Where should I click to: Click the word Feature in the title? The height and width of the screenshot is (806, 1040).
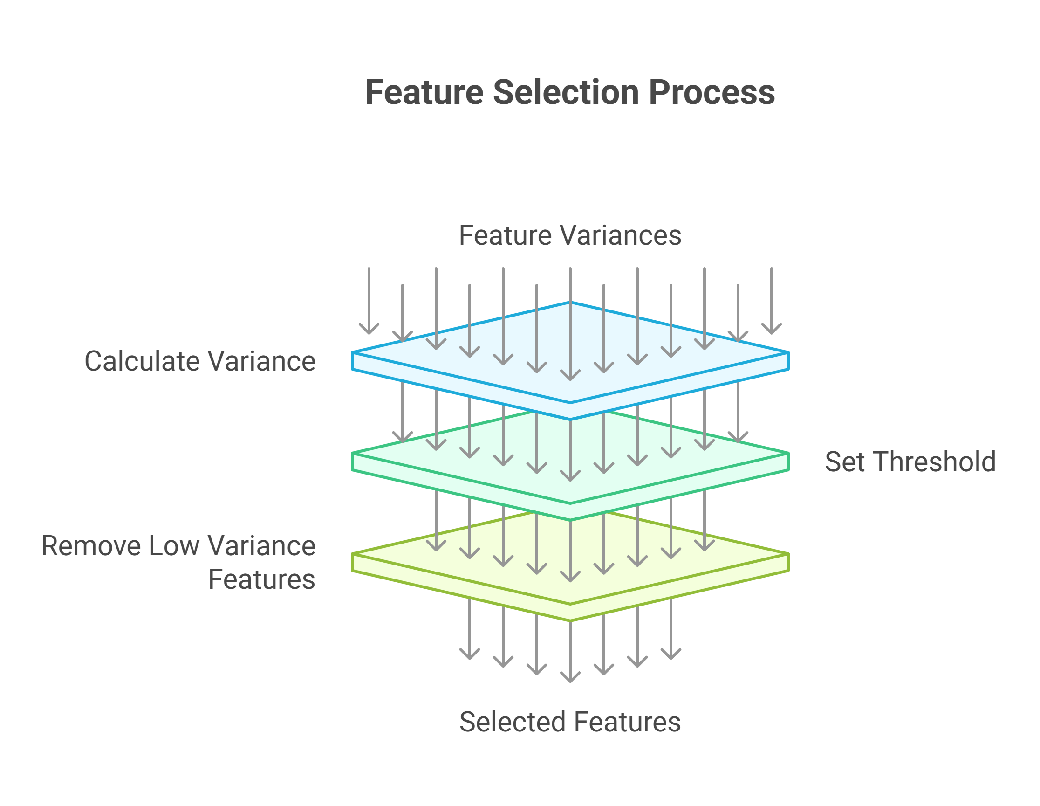(x=424, y=92)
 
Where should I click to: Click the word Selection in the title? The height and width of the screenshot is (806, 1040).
(x=566, y=92)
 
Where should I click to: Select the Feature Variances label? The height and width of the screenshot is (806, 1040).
(x=569, y=235)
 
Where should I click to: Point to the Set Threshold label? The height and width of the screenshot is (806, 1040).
(x=910, y=462)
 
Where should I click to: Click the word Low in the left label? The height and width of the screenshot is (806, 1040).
(x=173, y=546)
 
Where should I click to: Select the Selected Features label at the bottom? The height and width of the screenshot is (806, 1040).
(x=569, y=722)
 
